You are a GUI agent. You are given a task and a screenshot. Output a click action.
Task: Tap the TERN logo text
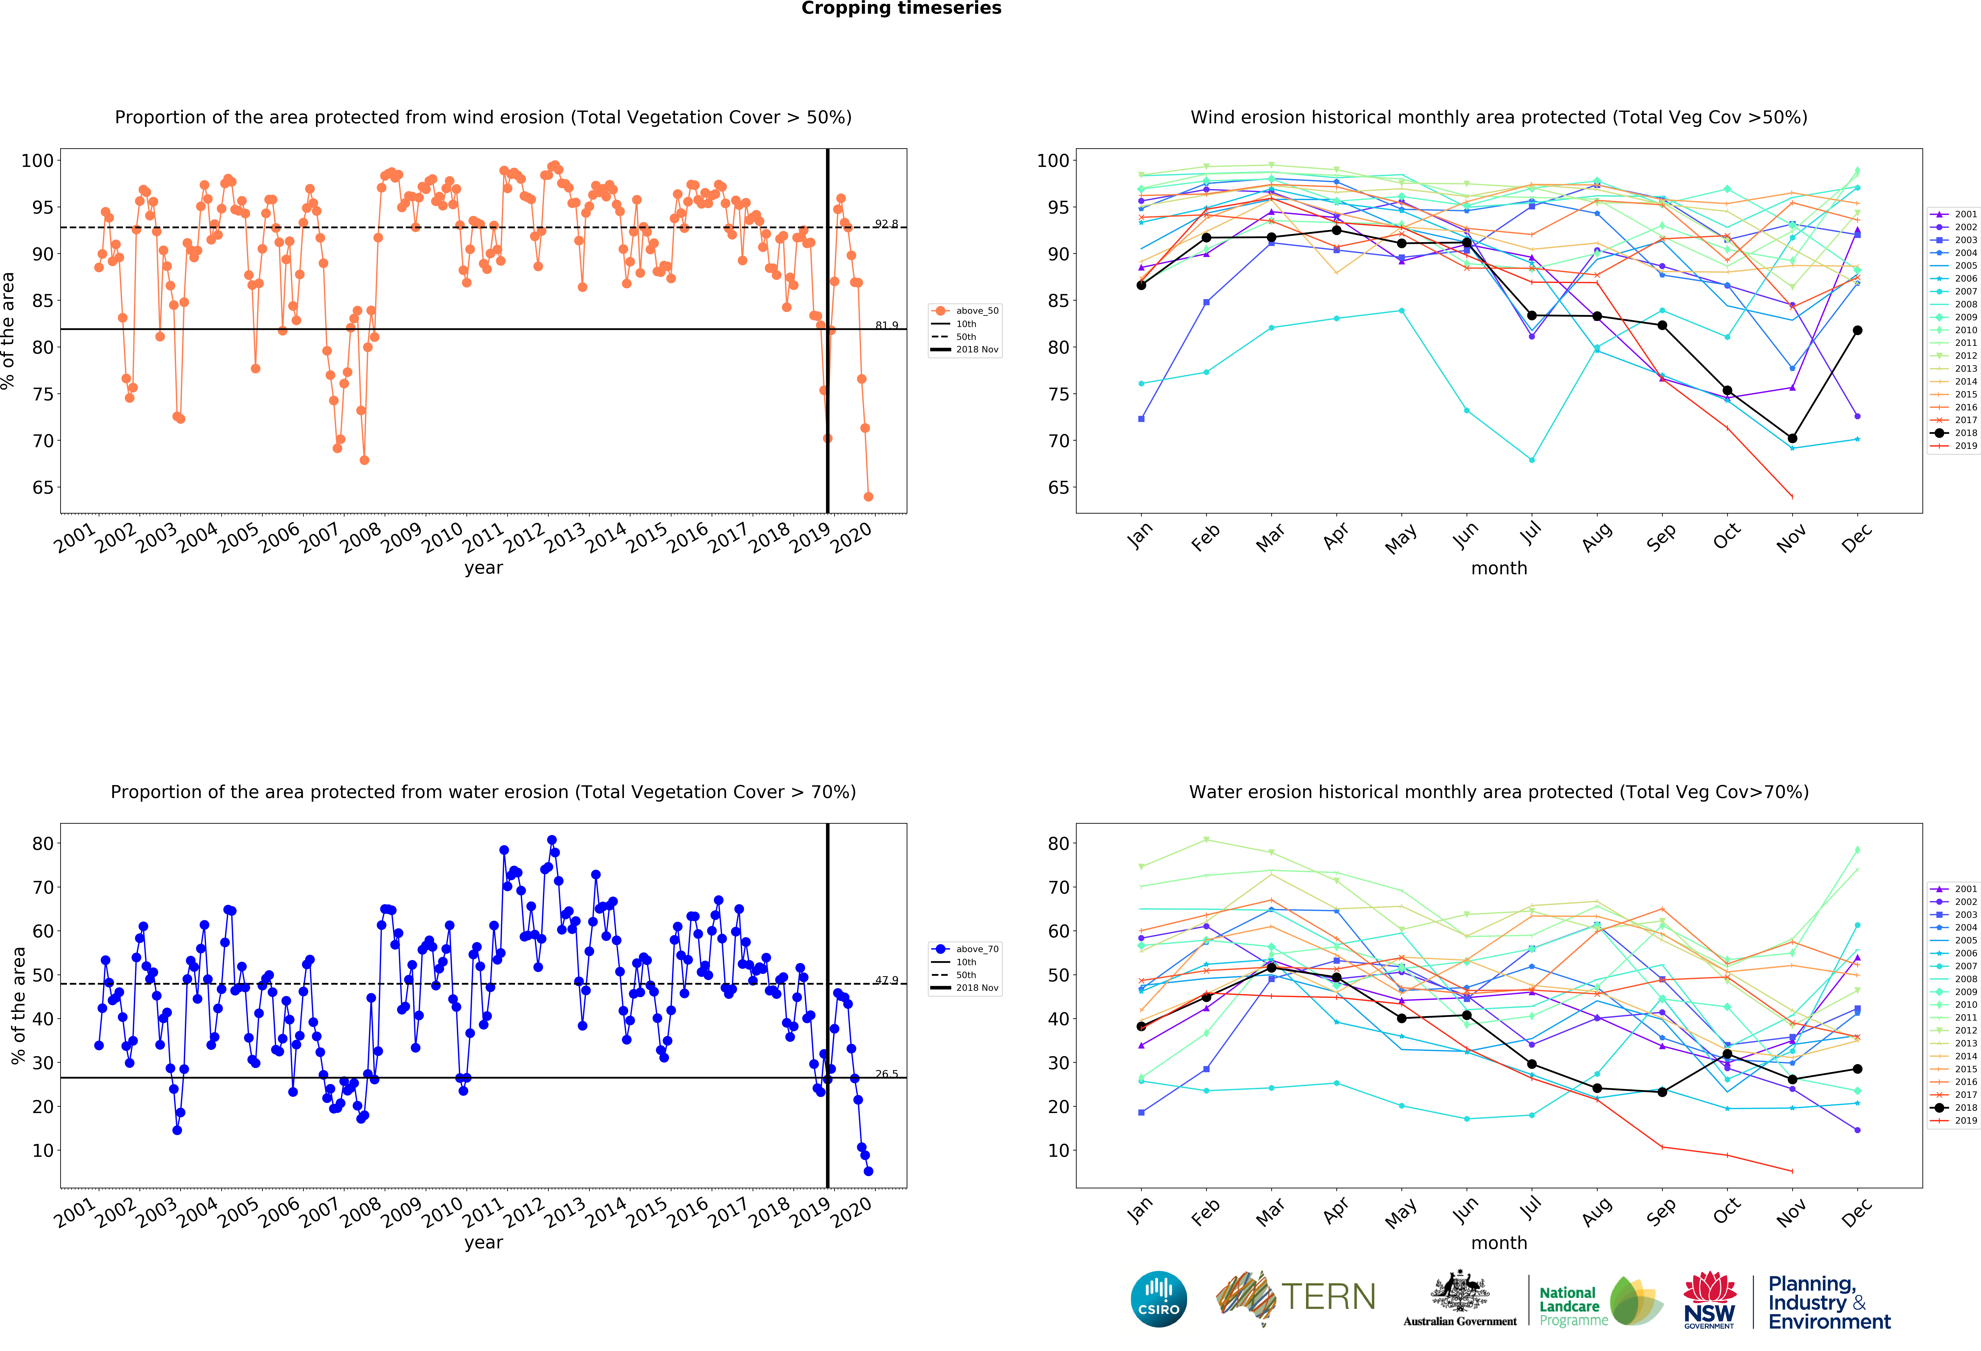1328,1297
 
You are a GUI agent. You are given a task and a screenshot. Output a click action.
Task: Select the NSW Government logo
1709,1300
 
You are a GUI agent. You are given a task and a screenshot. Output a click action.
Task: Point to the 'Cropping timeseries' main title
901,8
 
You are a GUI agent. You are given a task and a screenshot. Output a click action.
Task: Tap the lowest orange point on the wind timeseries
868,496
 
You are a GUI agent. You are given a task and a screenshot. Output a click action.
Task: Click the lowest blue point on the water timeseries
868,1171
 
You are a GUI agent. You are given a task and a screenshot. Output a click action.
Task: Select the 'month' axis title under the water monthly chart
1498,1243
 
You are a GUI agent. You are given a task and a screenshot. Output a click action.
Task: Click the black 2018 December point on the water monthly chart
1857,1069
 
